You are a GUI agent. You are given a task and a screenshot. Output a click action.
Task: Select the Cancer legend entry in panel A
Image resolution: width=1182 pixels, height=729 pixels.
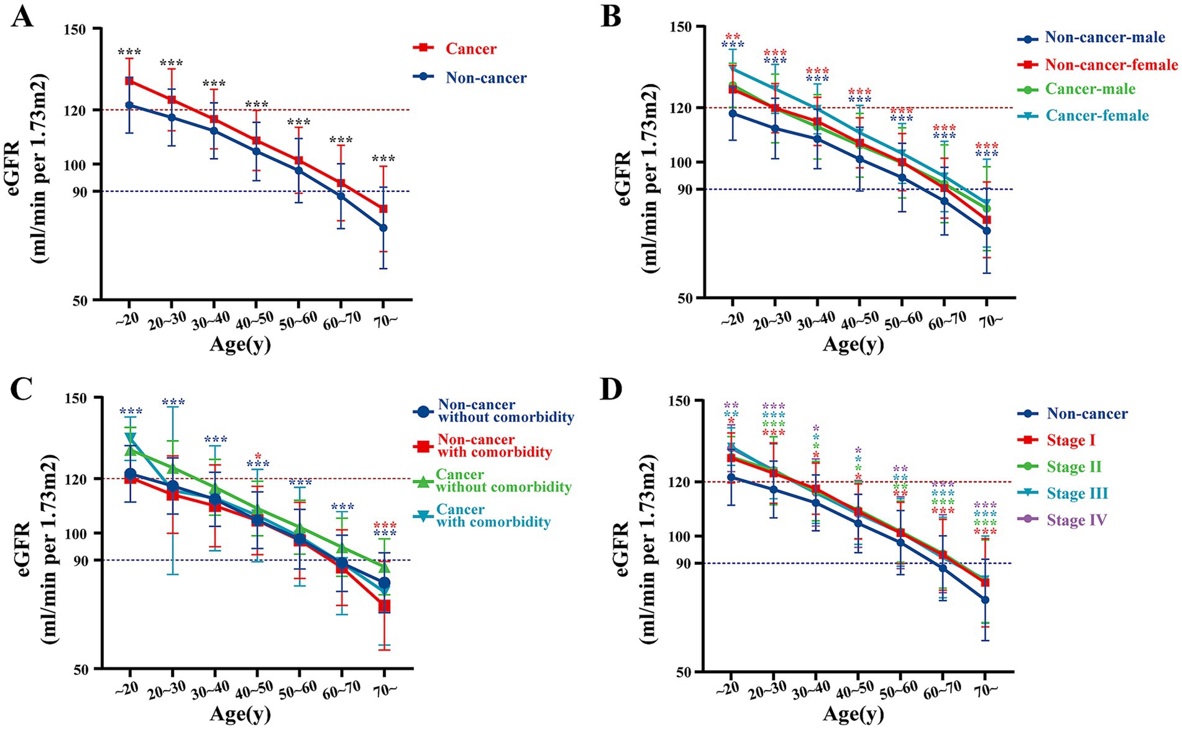(470, 48)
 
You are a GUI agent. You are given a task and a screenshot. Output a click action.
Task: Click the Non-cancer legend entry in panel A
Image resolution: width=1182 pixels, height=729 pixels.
(485, 78)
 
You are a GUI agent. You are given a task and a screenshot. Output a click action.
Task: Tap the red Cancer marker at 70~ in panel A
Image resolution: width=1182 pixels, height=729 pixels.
(383, 209)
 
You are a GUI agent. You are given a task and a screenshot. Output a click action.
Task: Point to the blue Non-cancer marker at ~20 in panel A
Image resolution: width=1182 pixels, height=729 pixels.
(129, 105)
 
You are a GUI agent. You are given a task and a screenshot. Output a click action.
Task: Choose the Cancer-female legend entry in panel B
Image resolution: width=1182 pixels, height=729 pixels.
(1097, 116)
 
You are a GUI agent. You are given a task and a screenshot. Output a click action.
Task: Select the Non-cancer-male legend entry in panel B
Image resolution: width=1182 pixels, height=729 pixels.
(1104, 37)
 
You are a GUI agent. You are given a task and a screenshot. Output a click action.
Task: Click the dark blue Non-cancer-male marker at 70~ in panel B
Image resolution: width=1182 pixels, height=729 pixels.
(986, 231)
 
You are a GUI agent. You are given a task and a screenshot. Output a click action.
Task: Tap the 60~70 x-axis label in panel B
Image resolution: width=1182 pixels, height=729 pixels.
(948, 320)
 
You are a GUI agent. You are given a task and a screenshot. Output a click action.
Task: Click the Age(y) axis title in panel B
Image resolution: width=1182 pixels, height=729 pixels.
(853, 344)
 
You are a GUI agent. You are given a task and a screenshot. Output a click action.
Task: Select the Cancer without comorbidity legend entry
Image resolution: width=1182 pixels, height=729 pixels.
(503, 481)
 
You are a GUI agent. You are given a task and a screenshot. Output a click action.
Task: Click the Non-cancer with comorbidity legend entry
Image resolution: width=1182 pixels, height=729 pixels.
(494, 446)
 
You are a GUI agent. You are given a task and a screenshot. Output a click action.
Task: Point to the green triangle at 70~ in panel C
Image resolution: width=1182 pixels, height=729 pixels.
(384, 567)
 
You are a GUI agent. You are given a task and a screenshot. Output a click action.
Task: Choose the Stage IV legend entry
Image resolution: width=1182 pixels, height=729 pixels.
(1076, 520)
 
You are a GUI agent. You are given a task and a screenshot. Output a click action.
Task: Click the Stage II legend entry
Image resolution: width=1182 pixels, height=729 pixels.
(1073, 467)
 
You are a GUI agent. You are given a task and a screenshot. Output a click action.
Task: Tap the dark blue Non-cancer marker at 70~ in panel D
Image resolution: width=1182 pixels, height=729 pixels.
(985, 600)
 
